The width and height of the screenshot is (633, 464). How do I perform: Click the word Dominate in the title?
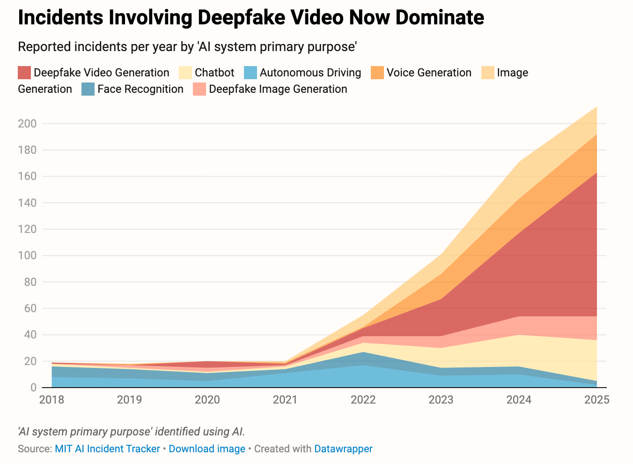pyautogui.click(x=440, y=18)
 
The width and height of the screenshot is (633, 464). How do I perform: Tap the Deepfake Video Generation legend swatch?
pyautogui.click(x=24, y=73)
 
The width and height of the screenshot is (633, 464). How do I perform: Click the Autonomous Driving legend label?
pyautogui.click(x=310, y=73)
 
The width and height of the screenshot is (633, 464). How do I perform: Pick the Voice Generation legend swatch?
pyautogui.click(x=377, y=73)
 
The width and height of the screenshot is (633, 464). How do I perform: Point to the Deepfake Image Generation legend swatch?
pyautogui.click(x=199, y=89)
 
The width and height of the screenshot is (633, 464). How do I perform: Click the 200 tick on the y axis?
pyautogui.click(x=27, y=124)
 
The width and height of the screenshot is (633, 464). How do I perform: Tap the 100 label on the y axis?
pyautogui.click(x=27, y=256)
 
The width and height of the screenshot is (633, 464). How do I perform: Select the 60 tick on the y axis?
pyautogui.click(x=30, y=309)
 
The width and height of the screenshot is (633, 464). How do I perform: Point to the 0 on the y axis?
pyautogui.click(x=33, y=388)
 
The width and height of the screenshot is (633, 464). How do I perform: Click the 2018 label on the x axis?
pyautogui.click(x=52, y=400)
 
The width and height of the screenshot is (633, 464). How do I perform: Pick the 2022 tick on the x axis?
pyautogui.click(x=363, y=400)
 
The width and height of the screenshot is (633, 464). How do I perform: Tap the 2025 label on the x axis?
pyautogui.click(x=597, y=400)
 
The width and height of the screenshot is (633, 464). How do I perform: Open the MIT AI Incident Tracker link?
pyautogui.click(x=107, y=449)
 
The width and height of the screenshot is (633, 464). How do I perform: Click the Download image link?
pyautogui.click(x=207, y=449)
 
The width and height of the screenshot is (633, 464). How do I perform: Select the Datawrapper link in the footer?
pyautogui.click(x=343, y=449)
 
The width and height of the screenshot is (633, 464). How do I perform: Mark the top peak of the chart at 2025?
pyautogui.click(x=597, y=107)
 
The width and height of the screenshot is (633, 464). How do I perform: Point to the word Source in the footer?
pyautogui.click(x=34, y=449)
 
